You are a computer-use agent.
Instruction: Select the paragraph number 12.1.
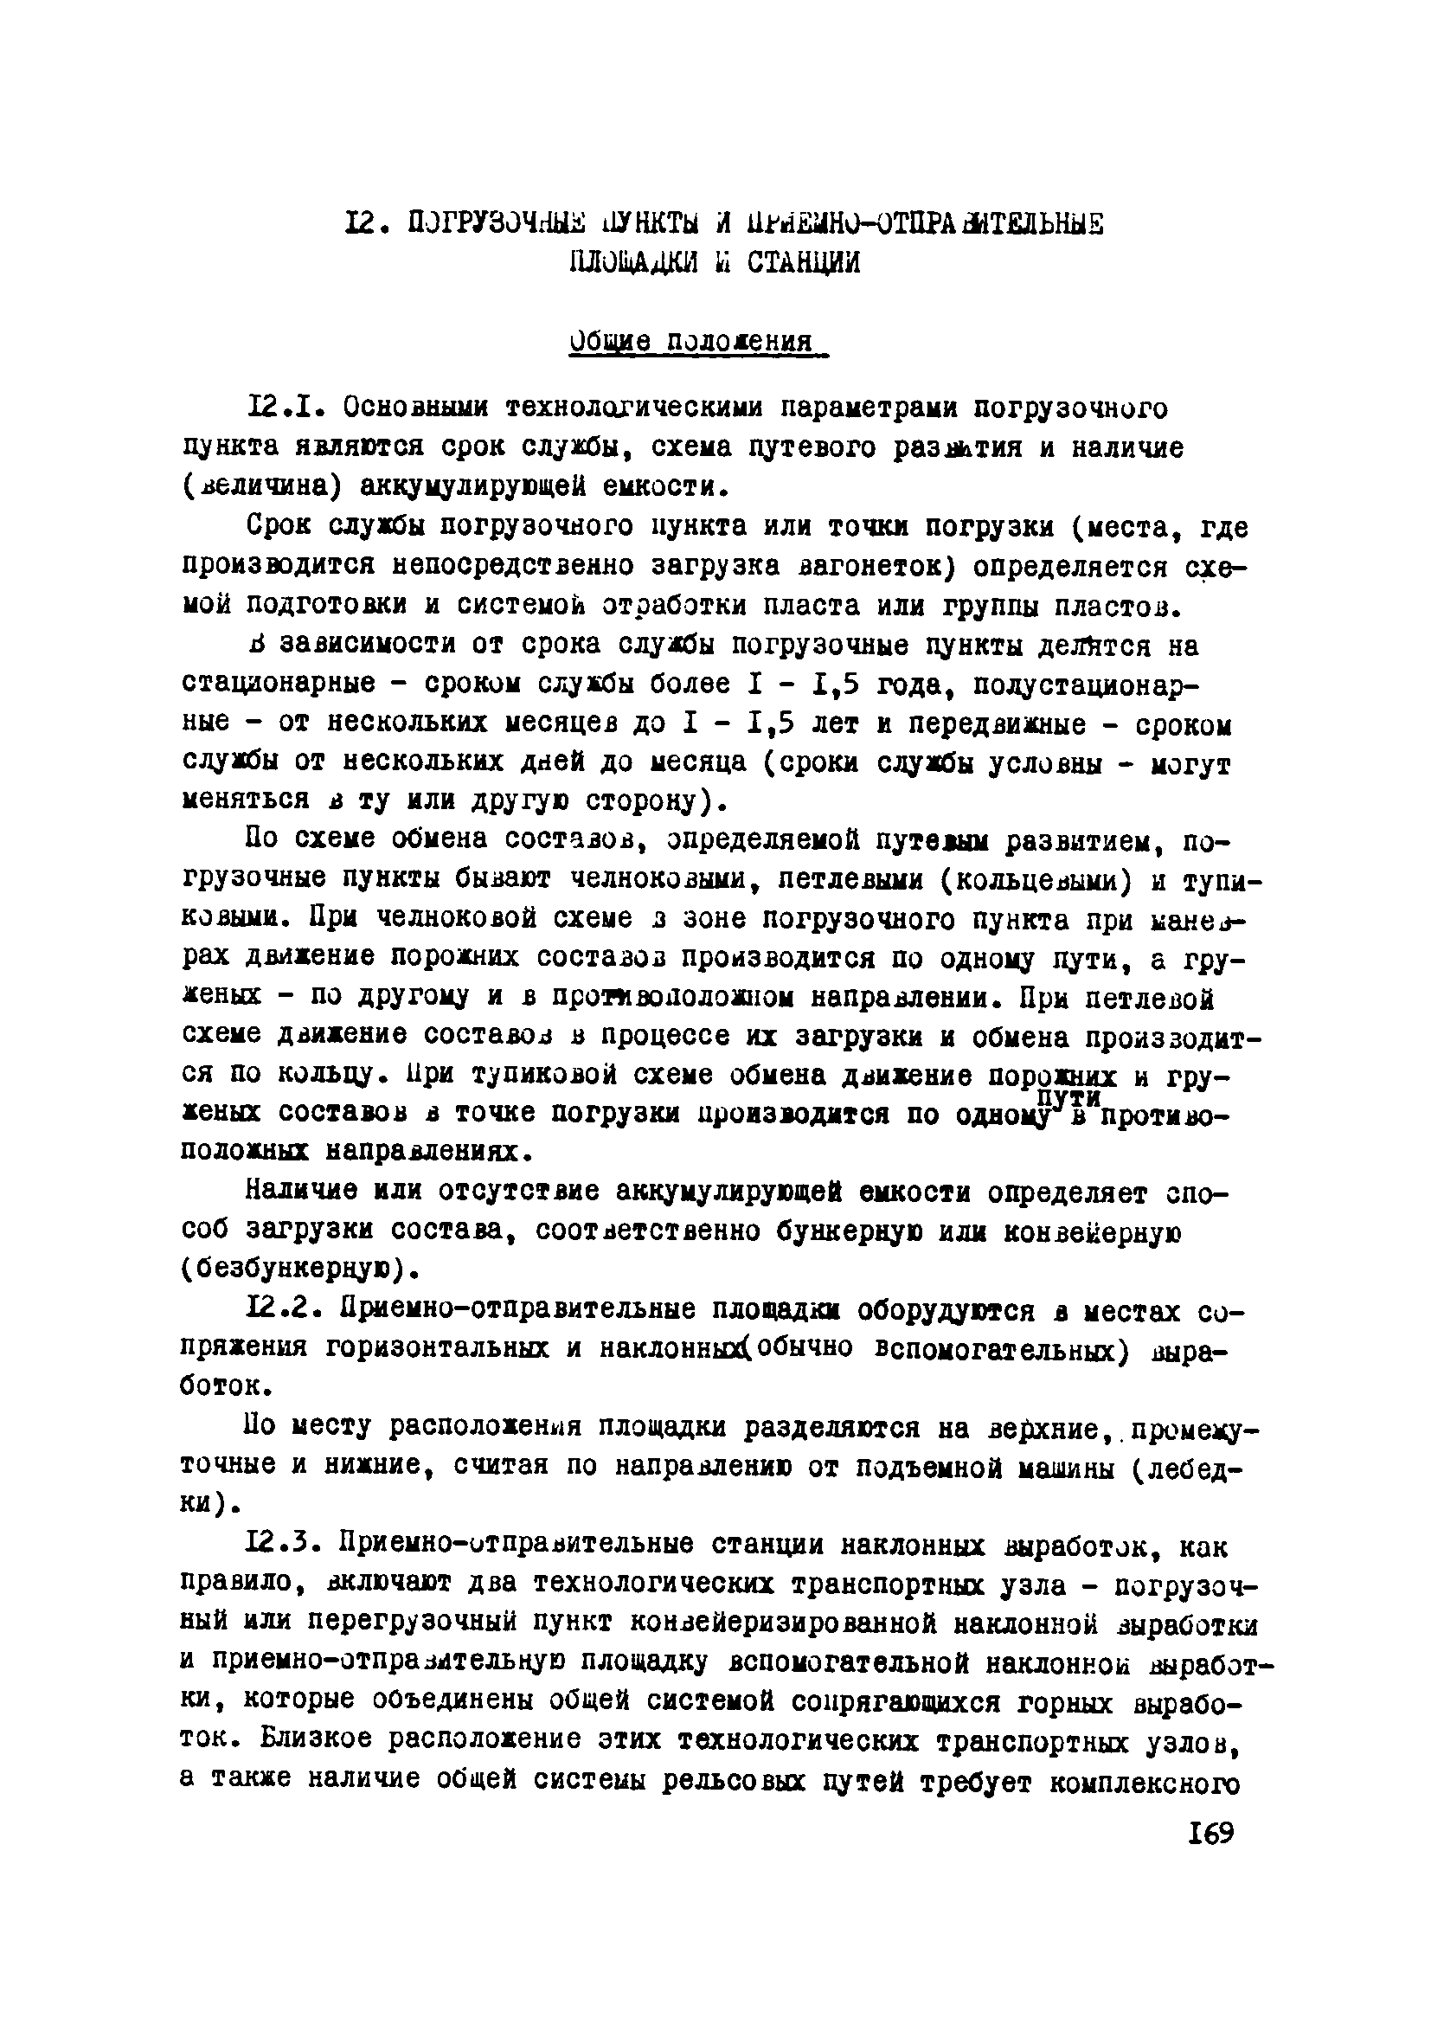(278, 408)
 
